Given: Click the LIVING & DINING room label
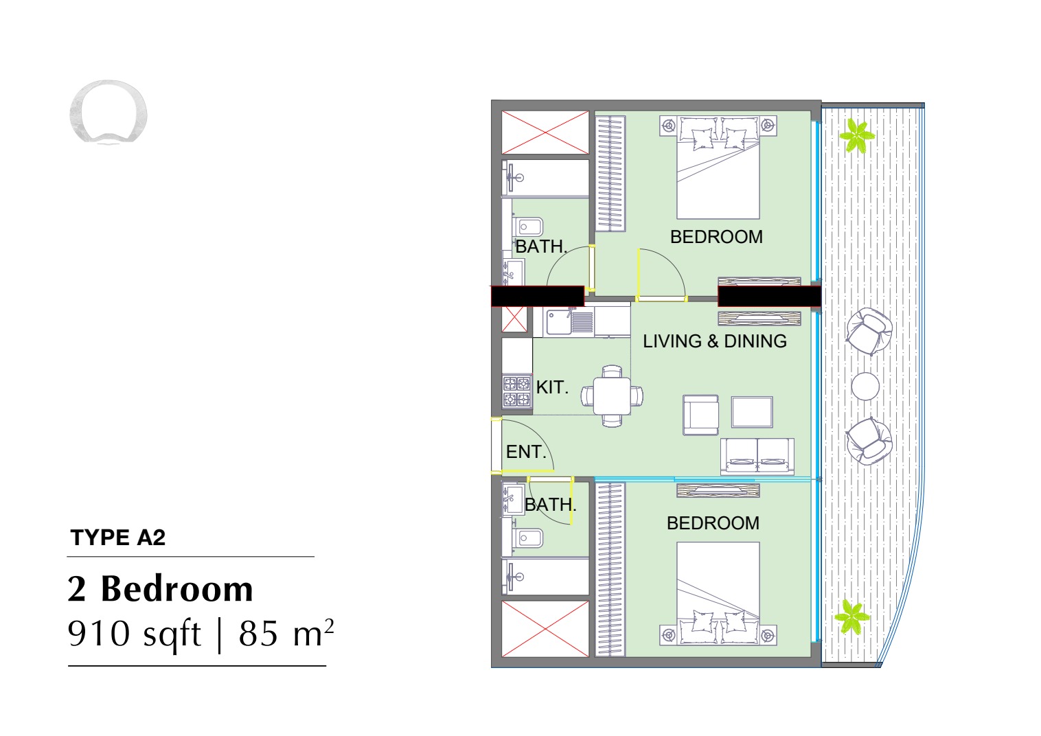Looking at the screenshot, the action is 715,341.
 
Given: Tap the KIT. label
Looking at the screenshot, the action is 552,387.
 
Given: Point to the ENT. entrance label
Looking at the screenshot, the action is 526,452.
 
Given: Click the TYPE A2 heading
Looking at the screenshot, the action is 118,538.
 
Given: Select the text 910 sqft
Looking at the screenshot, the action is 135,634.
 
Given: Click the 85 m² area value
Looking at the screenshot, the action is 286,633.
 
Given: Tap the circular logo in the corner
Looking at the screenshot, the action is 108,111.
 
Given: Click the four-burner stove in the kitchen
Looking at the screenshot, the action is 517,391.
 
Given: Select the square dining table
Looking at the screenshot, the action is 612,396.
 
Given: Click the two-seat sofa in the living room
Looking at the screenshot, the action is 757,457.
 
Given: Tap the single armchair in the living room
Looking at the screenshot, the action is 701,415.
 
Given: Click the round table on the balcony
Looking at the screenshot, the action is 865,386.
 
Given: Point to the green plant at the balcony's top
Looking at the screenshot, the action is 857,136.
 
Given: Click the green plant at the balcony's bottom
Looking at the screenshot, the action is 852,617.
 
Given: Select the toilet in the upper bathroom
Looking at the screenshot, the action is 527,227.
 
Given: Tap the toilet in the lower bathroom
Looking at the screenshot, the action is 527,538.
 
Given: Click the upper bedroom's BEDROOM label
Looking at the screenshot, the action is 716,237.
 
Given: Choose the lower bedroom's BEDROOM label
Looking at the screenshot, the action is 713,523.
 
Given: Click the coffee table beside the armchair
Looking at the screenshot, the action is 752,412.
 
